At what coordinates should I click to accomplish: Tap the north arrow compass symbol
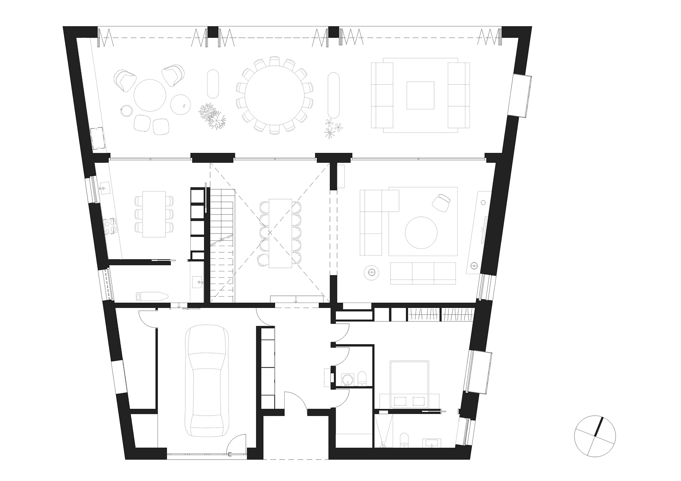point(595,436)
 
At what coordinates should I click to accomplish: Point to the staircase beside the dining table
point(222,245)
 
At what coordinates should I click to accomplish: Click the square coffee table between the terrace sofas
point(420,95)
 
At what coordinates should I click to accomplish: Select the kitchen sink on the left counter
point(104,188)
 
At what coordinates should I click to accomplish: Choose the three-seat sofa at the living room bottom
point(423,273)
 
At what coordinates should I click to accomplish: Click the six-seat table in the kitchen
point(154,214)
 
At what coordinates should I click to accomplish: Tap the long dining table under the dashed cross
point(280,233)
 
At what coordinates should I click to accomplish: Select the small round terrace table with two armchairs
point(150,95)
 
